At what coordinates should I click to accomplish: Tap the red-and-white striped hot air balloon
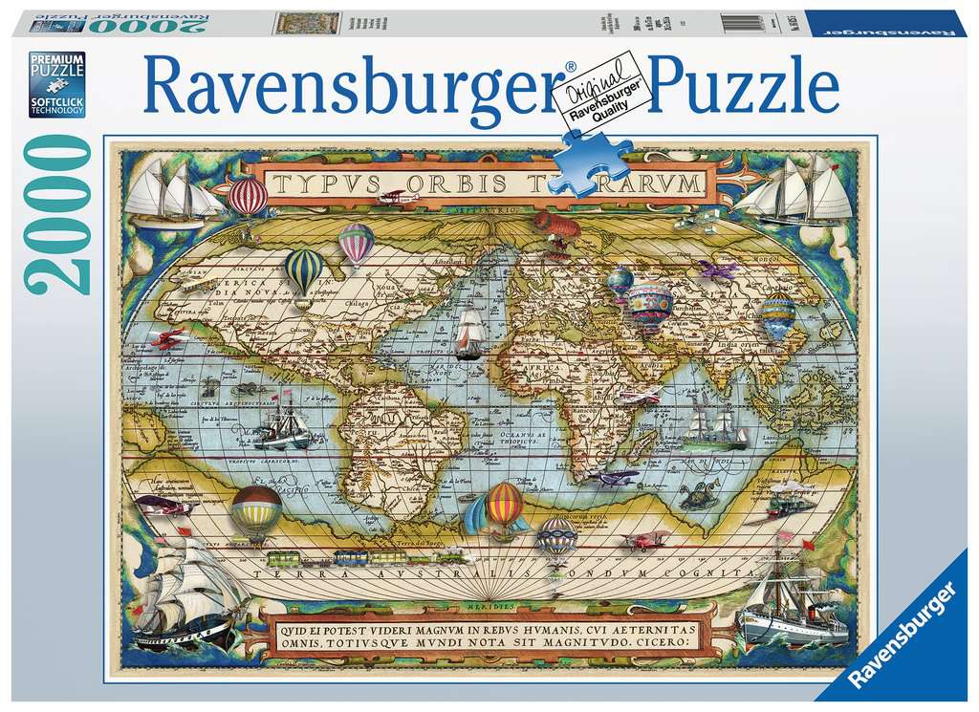tap(248, 197)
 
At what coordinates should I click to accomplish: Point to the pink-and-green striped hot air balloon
tap(357, 243)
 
